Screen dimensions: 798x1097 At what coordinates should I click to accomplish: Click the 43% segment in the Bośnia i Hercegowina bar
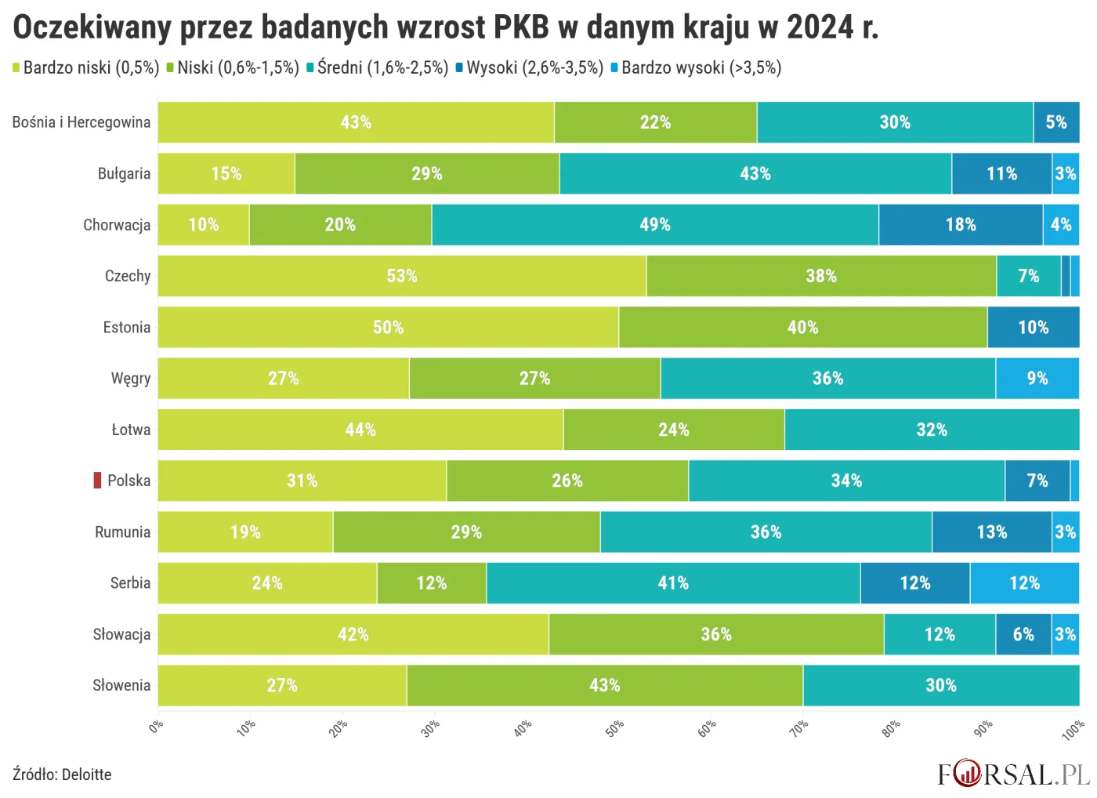[356, 122]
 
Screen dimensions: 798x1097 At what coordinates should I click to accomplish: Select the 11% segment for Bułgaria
[1001, 173]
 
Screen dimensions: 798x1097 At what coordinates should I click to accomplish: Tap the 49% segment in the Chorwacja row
[655, 225]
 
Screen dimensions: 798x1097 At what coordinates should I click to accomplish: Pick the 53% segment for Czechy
[402, 276]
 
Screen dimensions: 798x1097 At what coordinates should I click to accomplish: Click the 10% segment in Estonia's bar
[1033, 328]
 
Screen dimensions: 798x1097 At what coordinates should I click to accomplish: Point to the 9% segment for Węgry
[1037, 379]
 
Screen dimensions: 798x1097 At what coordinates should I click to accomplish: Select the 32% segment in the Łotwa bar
[932, 430]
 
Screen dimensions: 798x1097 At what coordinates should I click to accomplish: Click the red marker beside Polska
[97, 481]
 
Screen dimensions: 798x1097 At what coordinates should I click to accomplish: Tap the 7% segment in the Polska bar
[1037, 481]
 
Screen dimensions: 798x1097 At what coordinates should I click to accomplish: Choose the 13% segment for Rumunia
[991, 532]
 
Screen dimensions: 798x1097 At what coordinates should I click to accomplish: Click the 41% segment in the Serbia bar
[673, 583]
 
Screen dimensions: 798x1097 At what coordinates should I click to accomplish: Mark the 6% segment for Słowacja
[1023, 634]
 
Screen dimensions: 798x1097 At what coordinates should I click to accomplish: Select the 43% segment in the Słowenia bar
[604, 686]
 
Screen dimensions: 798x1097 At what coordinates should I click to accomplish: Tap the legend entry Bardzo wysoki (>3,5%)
[701, 68]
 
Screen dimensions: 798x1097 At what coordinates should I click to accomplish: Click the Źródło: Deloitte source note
[62, 774]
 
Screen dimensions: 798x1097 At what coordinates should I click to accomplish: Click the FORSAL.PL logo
[1013, 774]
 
